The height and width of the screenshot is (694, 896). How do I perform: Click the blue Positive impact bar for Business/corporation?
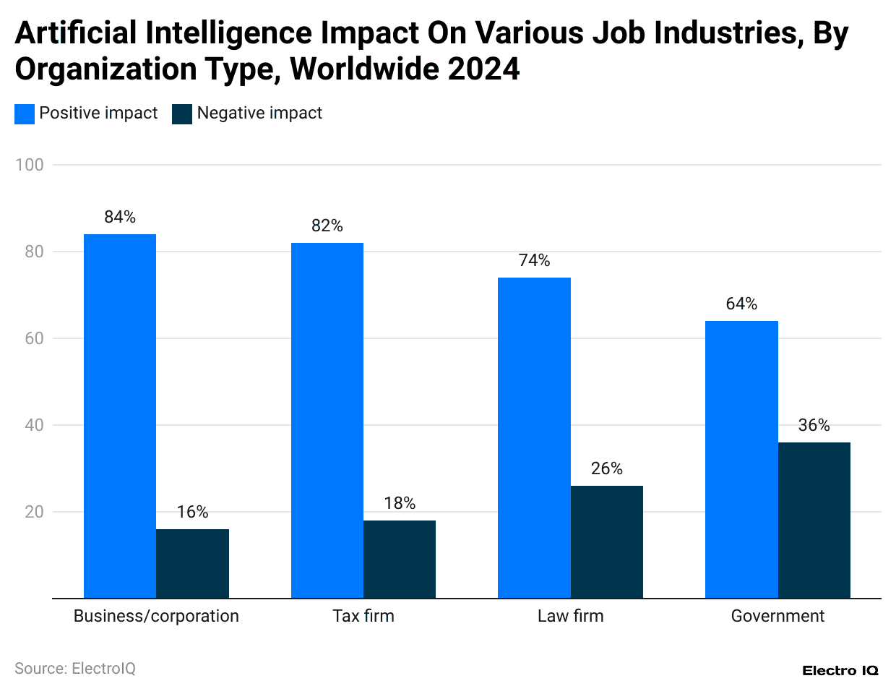coord(120,416)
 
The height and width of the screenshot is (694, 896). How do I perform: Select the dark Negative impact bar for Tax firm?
coord(400,559)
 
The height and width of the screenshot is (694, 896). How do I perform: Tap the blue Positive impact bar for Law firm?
coord(535,437)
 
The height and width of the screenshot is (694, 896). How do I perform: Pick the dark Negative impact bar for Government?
coord(814,520)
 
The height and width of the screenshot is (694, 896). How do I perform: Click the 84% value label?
coord(120,217)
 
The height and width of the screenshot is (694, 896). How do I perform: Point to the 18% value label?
coord(400,503)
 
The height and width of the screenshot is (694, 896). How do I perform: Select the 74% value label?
coord(535,260)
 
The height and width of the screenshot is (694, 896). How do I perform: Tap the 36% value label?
coord(814,425)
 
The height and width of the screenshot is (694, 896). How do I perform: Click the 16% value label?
coord(192,512)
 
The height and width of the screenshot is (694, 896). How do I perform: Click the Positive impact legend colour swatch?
coord(25,114)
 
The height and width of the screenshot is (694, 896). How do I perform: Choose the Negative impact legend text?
coord(259,113)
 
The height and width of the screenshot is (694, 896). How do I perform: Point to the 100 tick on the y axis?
coord(30,165)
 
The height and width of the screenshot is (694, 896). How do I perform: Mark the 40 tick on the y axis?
coord(34,425)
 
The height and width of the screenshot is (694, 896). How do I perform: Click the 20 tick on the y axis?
coord(34,512)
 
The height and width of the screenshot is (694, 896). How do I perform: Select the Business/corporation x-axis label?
coord(156,616)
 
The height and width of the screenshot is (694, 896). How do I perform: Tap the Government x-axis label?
coord(777,616)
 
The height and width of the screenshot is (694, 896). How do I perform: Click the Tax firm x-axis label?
coord(363,616)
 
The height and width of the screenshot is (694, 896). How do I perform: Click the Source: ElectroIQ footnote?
coord(75,669)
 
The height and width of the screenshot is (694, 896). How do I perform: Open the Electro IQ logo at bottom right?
coord(840,671)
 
